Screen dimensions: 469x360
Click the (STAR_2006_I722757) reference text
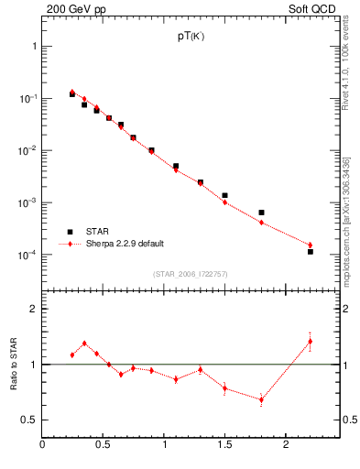(x=189, y=274)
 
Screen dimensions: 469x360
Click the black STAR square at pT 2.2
(x=311, y=251)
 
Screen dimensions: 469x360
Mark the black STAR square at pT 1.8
(x=261, y=213)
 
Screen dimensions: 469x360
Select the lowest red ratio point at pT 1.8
(x=261, y=399)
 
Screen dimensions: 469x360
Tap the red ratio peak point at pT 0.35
(x=84, y=344)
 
